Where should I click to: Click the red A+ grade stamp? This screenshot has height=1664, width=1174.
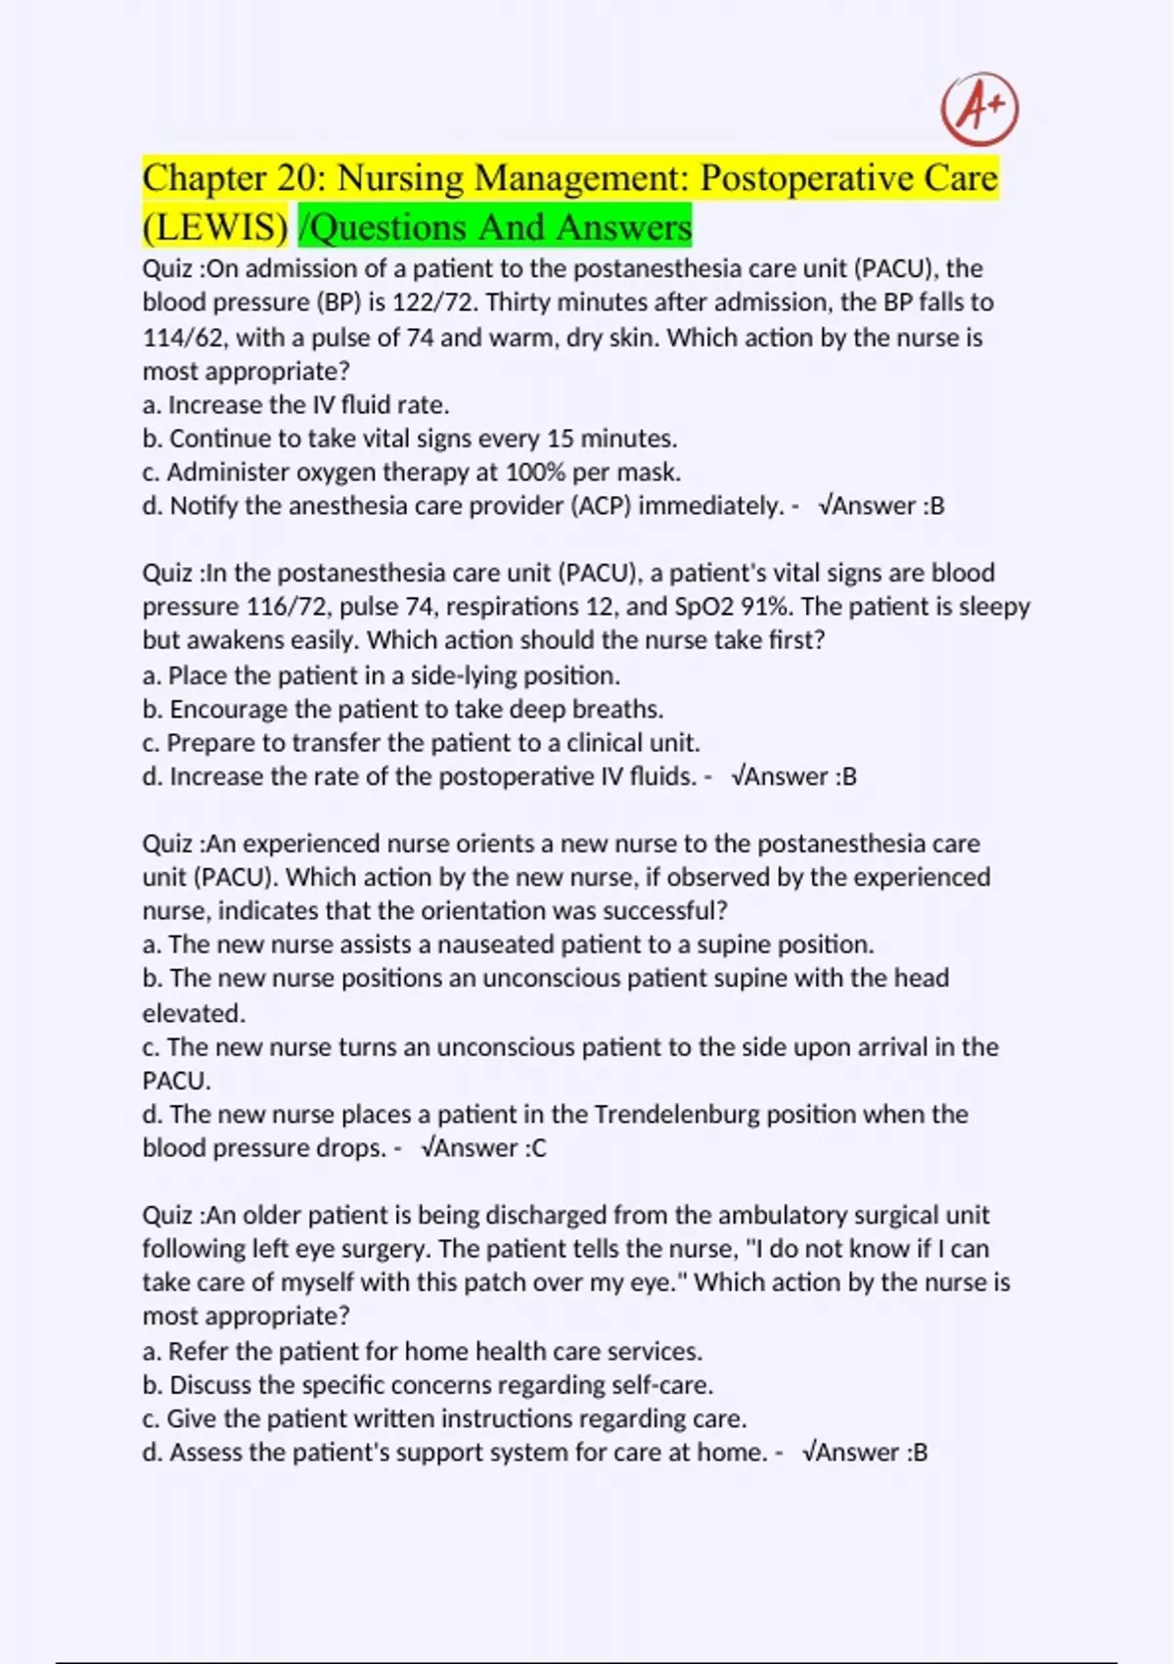(x=979, y=109)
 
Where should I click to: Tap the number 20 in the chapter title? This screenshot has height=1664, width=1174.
(x=296, y=179)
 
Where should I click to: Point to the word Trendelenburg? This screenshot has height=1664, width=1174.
(x=676, y=1115)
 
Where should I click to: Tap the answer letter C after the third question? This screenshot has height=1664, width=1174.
(x=539, y=1148)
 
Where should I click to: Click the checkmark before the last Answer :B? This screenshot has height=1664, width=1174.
(x=807, y=1453)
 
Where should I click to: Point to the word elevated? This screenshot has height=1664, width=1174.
(x=193, y=1013)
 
